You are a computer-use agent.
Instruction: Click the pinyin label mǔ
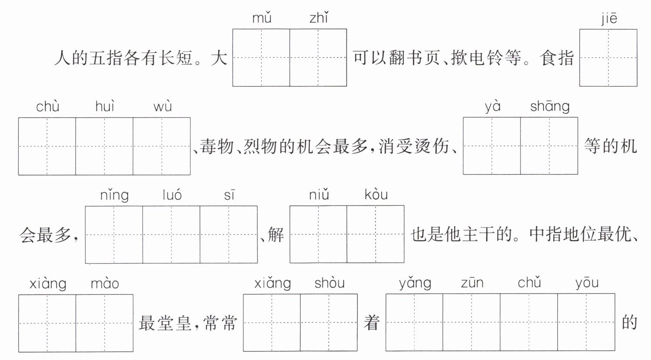pyautogui.click(x=262, y=18)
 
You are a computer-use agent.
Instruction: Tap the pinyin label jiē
pyautogui.click(x=609, y=19)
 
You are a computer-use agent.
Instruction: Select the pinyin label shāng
pyautogui.click(x=550, y=106)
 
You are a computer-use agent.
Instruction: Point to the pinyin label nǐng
pyautogui.click(x=114, y=195)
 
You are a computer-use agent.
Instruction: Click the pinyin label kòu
pyautogui.click(x=376, y=195)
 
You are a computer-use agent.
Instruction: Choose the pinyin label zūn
pyautogui.click(x=472, y=283)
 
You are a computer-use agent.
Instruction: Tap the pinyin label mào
pyautogui.click(x=105, y=284)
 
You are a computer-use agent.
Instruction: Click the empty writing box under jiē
pyautogui.click(x=608, y=57)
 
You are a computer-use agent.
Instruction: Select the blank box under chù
pyautogui.click(x=47, y=146)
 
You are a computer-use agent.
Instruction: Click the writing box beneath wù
pyautogui.click(x=162, y=146)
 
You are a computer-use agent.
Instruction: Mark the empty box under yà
pyautogui.click(x=492, y=146)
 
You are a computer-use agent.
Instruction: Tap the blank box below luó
pyautogui.click(x=171, y=234)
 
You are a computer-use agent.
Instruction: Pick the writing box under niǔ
pyautogui.click(x=318, y=234)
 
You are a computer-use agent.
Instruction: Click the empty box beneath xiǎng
pyautogui.click(x=272, y=323)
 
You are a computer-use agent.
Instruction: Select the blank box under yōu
pyautogui.click(x=586, y=322)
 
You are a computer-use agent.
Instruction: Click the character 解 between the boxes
pyautogui.click(x=276, y=234)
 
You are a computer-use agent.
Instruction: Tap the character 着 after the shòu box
pyautogui.click(x=372, y=323)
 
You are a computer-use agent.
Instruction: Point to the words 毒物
pyautogui.click(x=217, y=146)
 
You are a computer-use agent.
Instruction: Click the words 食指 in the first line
pyautogui.click(x=557, y=58)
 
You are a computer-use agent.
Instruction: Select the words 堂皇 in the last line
pyautogui.click(x=174, y=323)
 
